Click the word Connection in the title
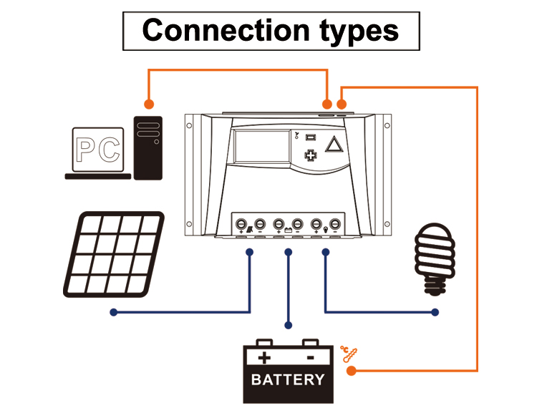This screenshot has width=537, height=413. [x=209, y=30]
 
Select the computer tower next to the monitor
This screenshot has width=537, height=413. [x=149, y=147]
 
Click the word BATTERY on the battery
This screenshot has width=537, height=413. [x=288, y=379]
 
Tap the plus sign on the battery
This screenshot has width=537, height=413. [x=265, y=357]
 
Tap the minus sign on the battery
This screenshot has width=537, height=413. [x=311, y=357]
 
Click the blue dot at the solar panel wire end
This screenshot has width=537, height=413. [x=113, y=312]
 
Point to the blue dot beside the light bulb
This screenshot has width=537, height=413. [x=435, y=312]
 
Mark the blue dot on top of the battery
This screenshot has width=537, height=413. [x=288, y=325]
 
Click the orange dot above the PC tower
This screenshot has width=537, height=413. [x=149, y=103]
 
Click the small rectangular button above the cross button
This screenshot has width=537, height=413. [x=311, y=137]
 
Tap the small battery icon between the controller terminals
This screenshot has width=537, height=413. [x=288, y=230]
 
